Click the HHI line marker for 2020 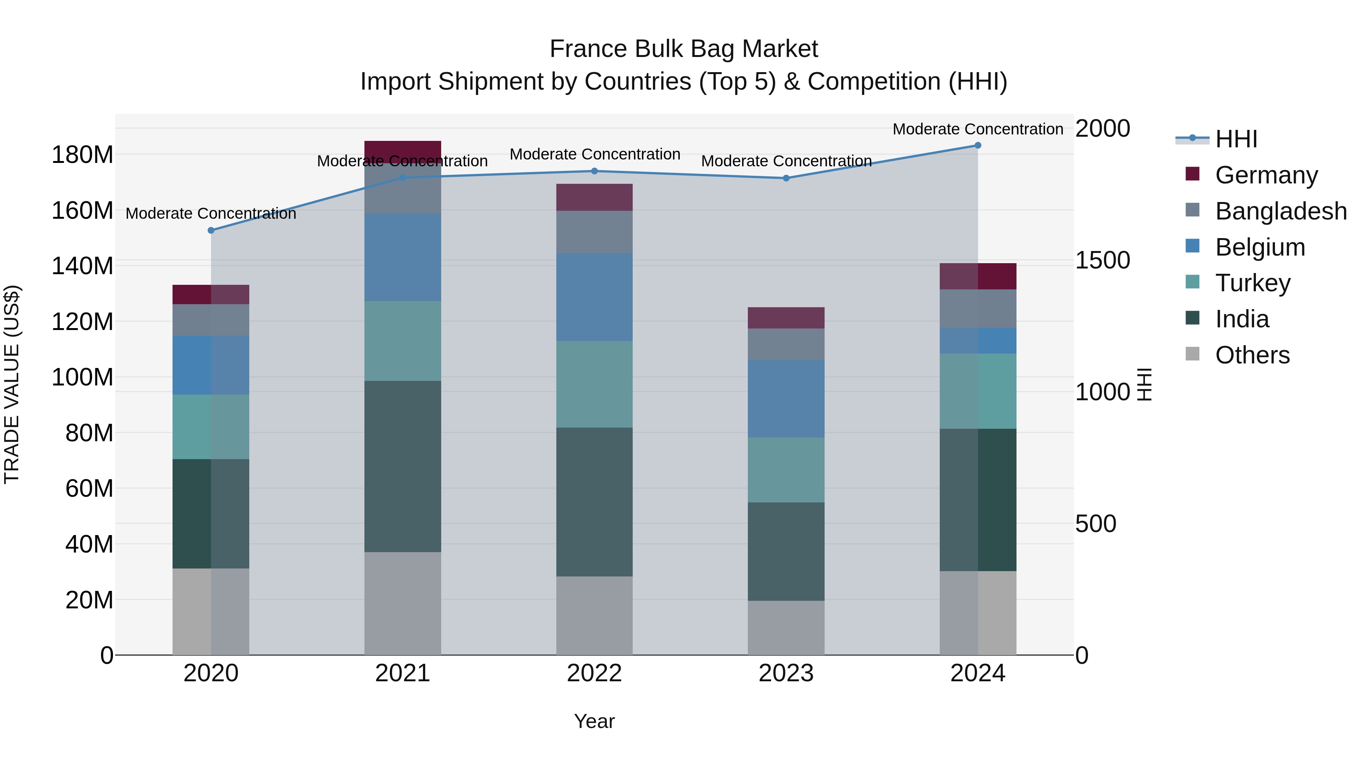click(211, 231)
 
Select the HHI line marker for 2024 click(978, 145)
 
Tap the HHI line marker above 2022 click(594, 171)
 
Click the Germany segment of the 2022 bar click(594, 197)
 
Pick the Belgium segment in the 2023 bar click(786, 399)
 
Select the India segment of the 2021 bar click(402, 466)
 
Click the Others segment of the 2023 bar click(786, 627)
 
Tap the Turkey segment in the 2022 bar click(594, 384)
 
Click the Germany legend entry click(1267, 175)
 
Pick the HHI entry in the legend click(1236, 139)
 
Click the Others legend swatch click(1192, 354)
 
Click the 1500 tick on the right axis click(1102, 260)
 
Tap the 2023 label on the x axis click(786, 673)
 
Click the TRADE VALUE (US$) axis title click(12, 384)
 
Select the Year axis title click(594, 721)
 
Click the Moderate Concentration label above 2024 click(978, 129)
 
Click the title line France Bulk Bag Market click(684, 49)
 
